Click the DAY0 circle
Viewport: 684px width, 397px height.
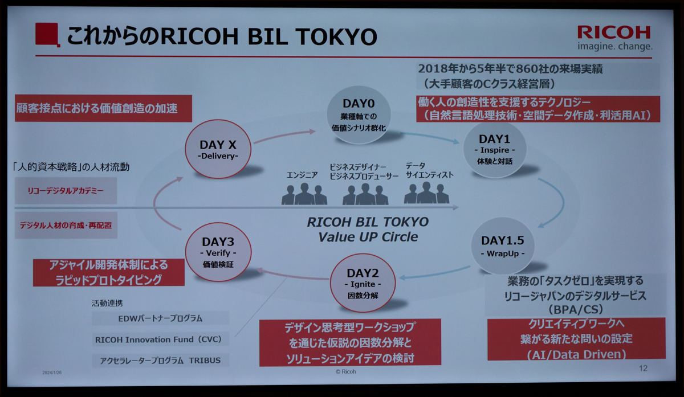coord(359,115)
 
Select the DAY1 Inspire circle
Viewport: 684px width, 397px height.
coord(495,149)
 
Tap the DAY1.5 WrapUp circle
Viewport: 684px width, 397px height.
coord(503,245)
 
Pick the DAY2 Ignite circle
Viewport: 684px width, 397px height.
coord(363,283)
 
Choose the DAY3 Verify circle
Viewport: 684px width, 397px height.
coord(218,252)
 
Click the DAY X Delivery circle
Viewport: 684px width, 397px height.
coord(218,149)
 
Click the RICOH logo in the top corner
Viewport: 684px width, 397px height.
coord(614,38)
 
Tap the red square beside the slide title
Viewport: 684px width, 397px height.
coord(47,34)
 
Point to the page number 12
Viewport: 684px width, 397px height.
coord(643,369)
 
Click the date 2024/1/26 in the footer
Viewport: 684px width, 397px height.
coord(52,373)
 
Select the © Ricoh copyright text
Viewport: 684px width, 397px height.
coord(345,372)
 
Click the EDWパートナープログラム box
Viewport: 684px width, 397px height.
coord(160,318)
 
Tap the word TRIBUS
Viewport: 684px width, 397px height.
coord(205,361)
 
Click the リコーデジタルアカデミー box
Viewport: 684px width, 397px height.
coord(66,191)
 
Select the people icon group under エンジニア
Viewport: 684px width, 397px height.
coord(304,194)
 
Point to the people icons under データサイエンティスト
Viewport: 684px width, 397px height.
coord(426,193)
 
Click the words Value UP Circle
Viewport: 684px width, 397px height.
coord(368,237)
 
